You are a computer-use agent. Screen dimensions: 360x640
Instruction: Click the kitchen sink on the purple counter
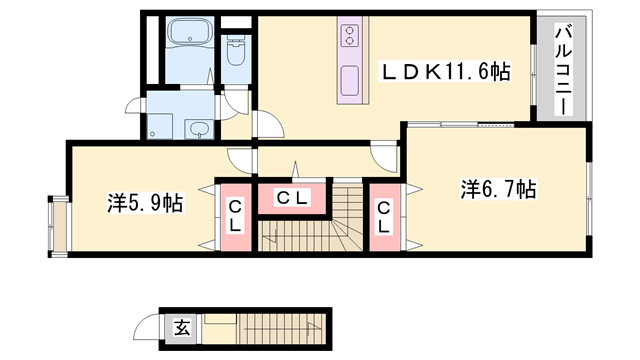[351, 79]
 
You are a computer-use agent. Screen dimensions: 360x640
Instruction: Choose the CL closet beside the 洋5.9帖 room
[234, 216]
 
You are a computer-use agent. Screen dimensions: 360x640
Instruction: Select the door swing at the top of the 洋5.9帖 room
[239, 157]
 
